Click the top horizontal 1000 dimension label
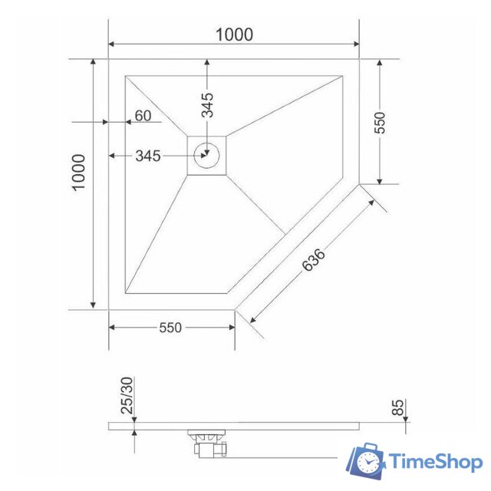[234, 35]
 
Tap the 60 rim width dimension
[143, 116]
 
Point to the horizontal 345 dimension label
[147, 157]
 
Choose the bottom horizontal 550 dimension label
[170, 328]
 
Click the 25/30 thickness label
[128, 396]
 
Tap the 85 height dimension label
[398, 407]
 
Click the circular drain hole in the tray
[207, 154]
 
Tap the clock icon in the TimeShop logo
[370, 462]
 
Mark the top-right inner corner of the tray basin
[342, 75]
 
